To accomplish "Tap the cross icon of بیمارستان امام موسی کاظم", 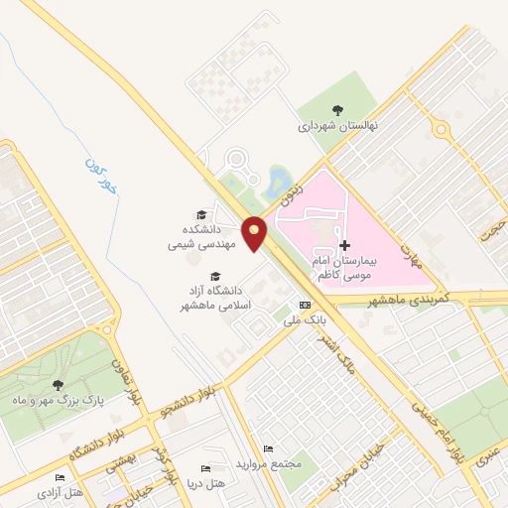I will [344, 245].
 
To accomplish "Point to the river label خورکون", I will [100, 174].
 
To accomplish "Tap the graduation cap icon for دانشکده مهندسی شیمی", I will [201, 215].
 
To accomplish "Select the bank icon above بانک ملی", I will [305, 306].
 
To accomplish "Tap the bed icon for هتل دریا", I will [206, 468].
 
